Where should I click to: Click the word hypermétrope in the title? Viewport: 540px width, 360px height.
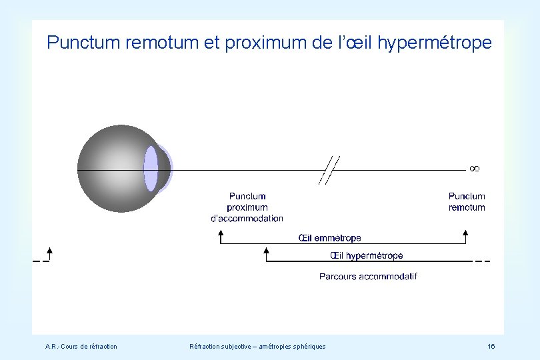point(435,44)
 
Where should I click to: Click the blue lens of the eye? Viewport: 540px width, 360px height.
point(151,169)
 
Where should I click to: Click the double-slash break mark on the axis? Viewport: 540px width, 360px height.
point(329,169)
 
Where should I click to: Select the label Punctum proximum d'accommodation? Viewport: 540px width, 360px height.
point(247,207)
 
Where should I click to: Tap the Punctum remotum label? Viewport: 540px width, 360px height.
point(467,201)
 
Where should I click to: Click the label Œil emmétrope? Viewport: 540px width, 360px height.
point(329,238)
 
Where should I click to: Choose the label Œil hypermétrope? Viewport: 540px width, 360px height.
point(367,255)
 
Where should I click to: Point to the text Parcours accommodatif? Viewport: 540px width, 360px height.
point(368,276)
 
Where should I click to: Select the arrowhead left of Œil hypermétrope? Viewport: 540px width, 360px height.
point(267,252)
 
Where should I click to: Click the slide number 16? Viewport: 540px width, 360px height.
point(491,346)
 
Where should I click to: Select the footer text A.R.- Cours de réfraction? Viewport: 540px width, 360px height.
point(81,346)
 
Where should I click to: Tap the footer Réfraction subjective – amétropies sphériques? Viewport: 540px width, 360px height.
point(257,346)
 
